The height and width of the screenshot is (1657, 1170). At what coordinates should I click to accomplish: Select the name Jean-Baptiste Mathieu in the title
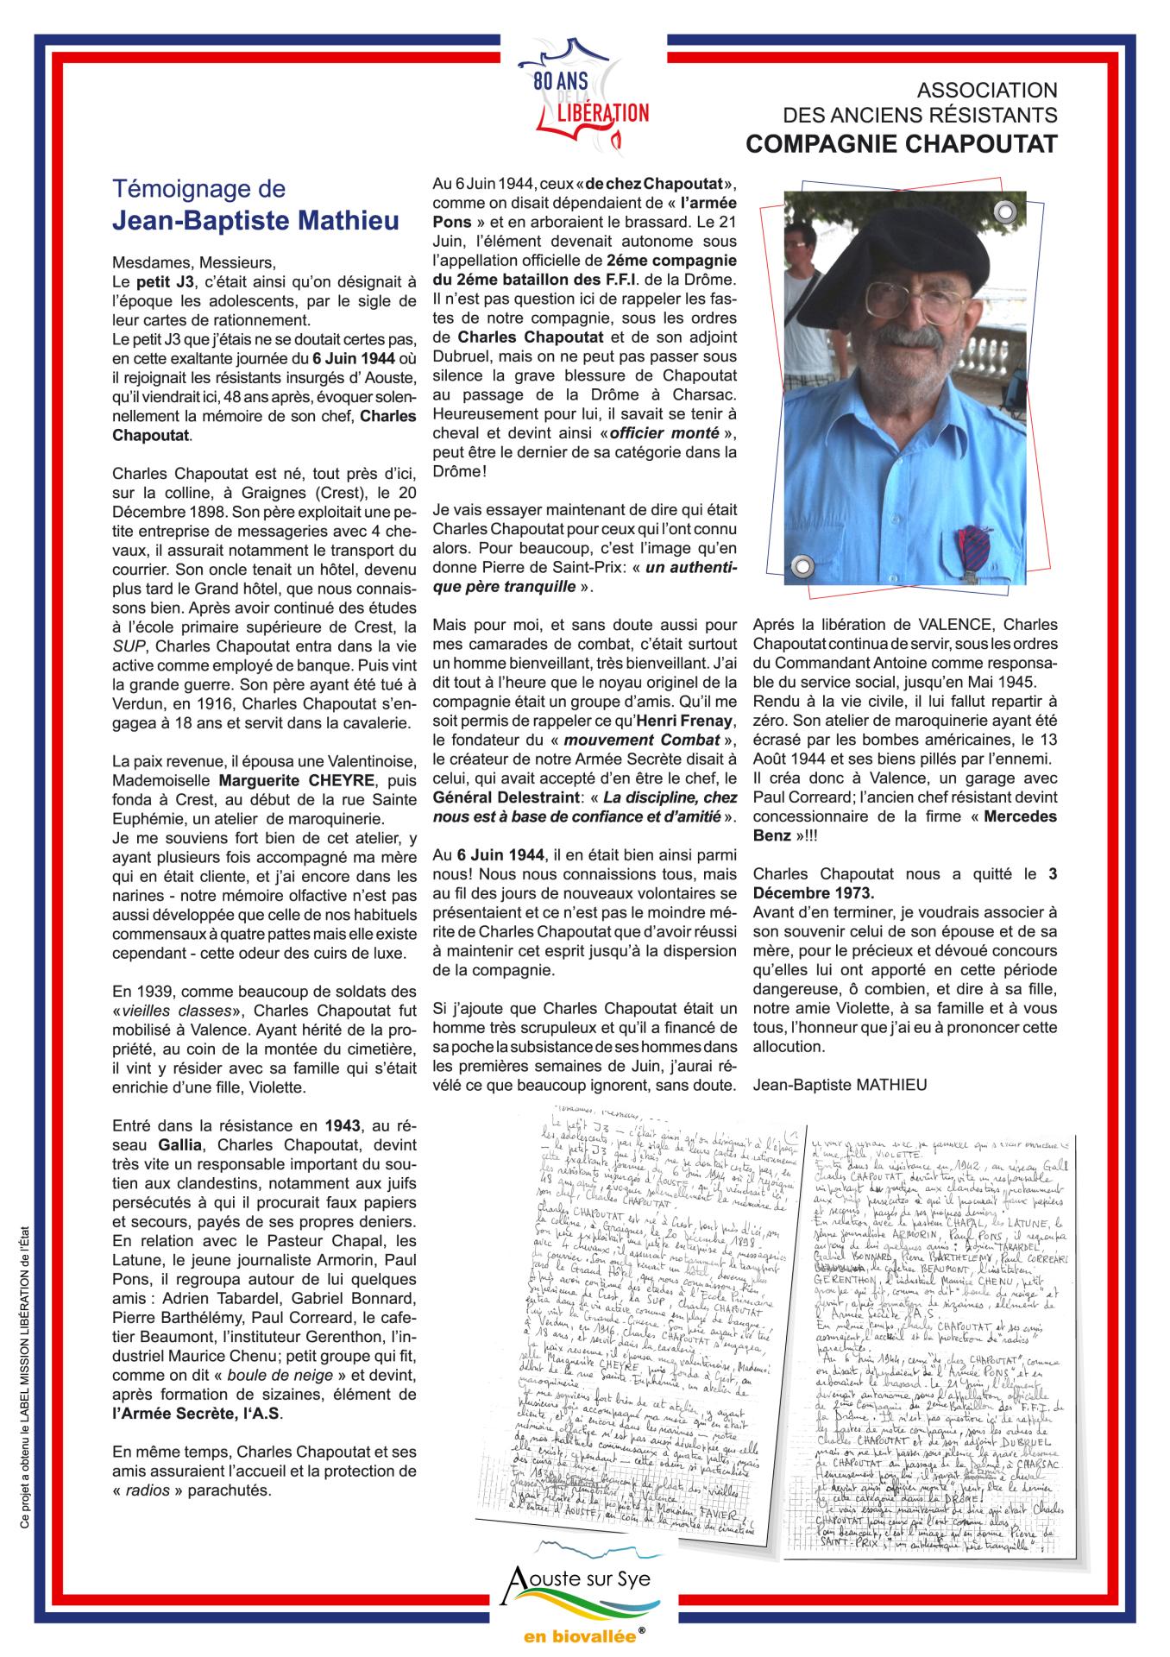point(256,221)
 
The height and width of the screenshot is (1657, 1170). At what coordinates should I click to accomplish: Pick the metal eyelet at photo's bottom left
point(802,565)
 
